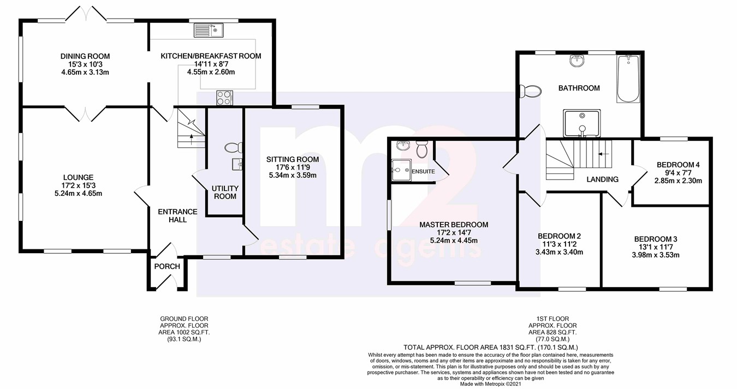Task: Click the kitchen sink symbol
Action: [208, 30]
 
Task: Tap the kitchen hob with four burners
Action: [224, 98]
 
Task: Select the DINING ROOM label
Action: [85, 56]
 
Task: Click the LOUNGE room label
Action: [78, 177]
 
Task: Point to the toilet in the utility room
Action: [234, 148]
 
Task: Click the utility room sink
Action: [237, 164]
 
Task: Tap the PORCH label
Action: [167, 266]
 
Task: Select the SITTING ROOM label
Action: [293, 159]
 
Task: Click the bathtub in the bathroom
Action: [628, 79]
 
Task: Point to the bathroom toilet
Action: [531, 91]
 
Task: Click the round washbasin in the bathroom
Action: [576, 61]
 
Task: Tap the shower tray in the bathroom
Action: [582, 123]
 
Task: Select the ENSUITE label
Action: [423, 171]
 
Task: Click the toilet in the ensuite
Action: [421, 149]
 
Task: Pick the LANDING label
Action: [603, 179]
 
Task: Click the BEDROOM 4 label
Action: [678, 165]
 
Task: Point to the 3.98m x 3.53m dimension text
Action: [656, 255]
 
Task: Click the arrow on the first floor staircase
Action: [603, 153]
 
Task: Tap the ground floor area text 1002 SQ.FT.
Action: [184, 332]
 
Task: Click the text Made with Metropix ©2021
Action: [491, 384]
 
